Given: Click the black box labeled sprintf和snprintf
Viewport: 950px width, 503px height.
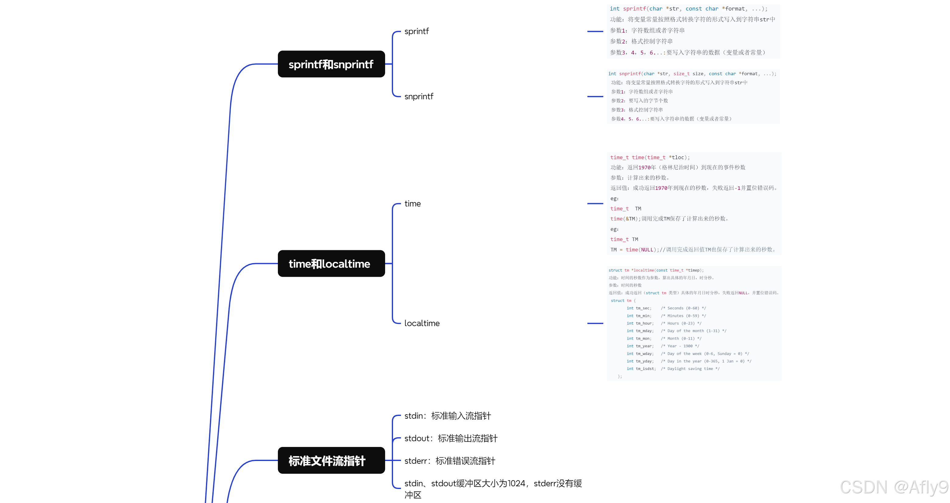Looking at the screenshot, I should pos(331,64).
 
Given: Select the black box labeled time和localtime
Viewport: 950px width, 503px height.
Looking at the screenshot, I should pos(331,263).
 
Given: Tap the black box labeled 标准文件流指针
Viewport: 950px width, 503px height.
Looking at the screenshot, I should pos(331,460).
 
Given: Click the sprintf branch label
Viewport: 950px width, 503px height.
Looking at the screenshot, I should pos(417,31).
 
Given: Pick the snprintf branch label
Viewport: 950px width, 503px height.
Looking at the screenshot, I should pos(419,97).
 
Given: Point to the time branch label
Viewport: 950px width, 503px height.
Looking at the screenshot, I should pos(412,204).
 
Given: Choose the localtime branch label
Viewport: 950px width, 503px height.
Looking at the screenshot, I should pos(422,323).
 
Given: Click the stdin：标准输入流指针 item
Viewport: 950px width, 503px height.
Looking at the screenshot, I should pos(447,416).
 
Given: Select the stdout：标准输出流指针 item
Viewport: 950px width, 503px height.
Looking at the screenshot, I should pos(451,438).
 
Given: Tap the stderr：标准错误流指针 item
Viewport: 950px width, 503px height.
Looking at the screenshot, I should pos(449,461).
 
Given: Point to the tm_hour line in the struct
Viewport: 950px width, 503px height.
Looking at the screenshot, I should pos(664,323).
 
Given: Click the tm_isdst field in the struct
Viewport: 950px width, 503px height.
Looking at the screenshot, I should pos(645,368).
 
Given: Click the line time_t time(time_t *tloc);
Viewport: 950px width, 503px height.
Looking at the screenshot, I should pos(650,157).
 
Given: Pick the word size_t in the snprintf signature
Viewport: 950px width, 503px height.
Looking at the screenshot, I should pos(681,74).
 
